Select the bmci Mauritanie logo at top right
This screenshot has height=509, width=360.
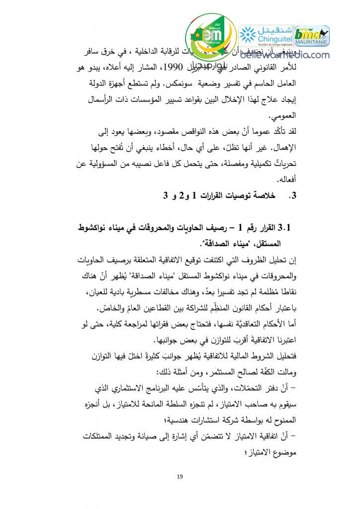tap(312, 36)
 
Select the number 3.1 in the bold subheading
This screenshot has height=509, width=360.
tap(289, 228)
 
